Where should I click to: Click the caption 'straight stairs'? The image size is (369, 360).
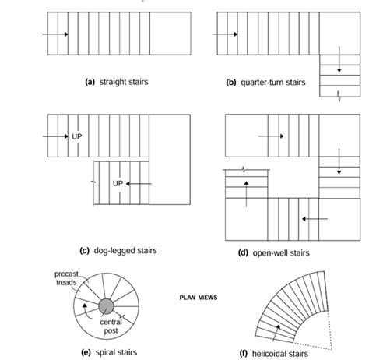click(x=124, y=82)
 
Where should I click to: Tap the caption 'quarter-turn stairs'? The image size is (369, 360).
click(x=273, y=83)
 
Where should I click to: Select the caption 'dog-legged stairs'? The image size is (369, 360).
click(x=125, y=251)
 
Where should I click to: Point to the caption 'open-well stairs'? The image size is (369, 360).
click(x=281, y=252)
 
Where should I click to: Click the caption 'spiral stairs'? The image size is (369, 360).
click(x=116, y=352)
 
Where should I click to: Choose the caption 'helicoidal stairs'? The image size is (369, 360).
click(x=280, y=354)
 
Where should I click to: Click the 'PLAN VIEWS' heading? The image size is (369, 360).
click(x=199, y=298)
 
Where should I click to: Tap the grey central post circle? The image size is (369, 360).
click(x=106, y=306)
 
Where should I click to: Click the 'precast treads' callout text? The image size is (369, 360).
click(x=66, y=278)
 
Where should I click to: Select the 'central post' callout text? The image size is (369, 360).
click(x=111, y=326)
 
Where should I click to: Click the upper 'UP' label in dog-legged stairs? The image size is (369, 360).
click(x=77, y=136)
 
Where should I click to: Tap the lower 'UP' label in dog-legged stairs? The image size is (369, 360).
click(x=118, y=183)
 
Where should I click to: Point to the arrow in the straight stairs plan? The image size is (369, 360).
click(x=55, y=34)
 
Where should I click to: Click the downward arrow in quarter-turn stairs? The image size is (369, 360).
click(x=339, y=59)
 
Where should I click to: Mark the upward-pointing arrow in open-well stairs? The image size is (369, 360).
click(x=246, y=194)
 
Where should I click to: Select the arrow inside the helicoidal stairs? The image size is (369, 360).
click(x=276, y=333)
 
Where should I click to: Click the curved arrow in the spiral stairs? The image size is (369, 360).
click(x=86, y=311)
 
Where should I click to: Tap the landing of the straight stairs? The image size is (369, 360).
click(x=170, y=34)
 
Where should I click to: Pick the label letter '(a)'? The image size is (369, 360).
click(x=90, y=82)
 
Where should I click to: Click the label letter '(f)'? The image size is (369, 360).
click(x=243, y=354)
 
